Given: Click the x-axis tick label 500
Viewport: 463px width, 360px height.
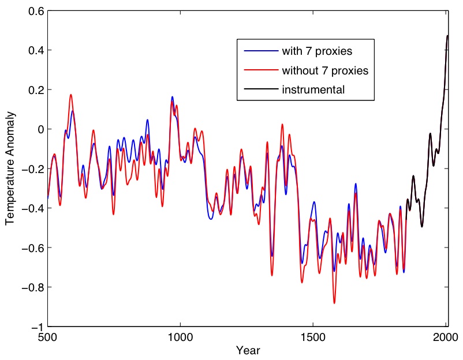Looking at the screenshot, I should tap(47, 337).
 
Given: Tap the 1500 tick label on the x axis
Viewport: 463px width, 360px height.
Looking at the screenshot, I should tap(313, 337).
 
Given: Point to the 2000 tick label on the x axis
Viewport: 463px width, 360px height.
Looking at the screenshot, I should tap(446, 337).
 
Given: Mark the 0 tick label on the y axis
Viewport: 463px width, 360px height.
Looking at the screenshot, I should tap(39, 129).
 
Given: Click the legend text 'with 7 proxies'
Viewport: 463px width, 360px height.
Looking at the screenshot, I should tap(317, 51).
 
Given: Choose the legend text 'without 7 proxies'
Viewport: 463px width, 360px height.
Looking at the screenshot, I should tap(324, 70).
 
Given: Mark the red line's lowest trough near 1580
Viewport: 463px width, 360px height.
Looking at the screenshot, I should tap(334, 303).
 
